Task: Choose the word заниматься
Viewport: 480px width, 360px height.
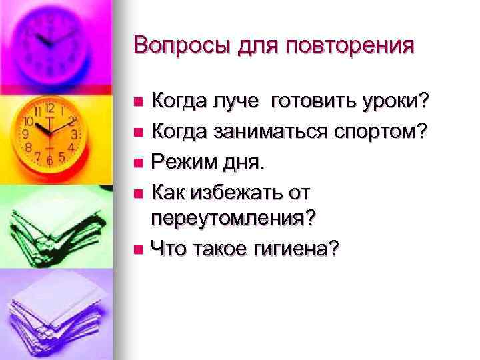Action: (273, 131)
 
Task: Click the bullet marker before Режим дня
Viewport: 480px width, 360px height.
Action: (138, 162)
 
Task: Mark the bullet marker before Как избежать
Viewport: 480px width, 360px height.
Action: (138, 191)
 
